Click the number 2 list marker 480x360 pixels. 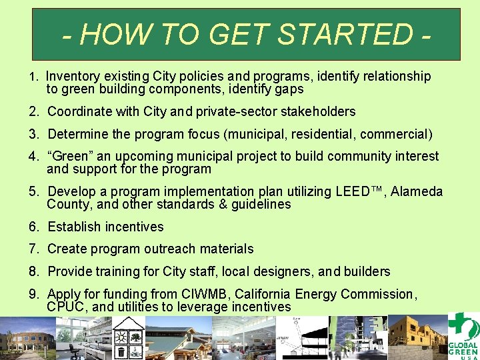pyautogui.click(x=33, y=111)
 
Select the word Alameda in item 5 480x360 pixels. pyautogui.click(x=417, y=192)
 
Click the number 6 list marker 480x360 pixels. pyautogui.click(x=33, y=227)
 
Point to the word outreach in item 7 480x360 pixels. pyautogui.click(x=171, y=249)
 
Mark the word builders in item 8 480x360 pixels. pyautogui.click(x=365, y=271)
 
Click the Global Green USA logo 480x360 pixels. pyautogui.click(x=462, y=337)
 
